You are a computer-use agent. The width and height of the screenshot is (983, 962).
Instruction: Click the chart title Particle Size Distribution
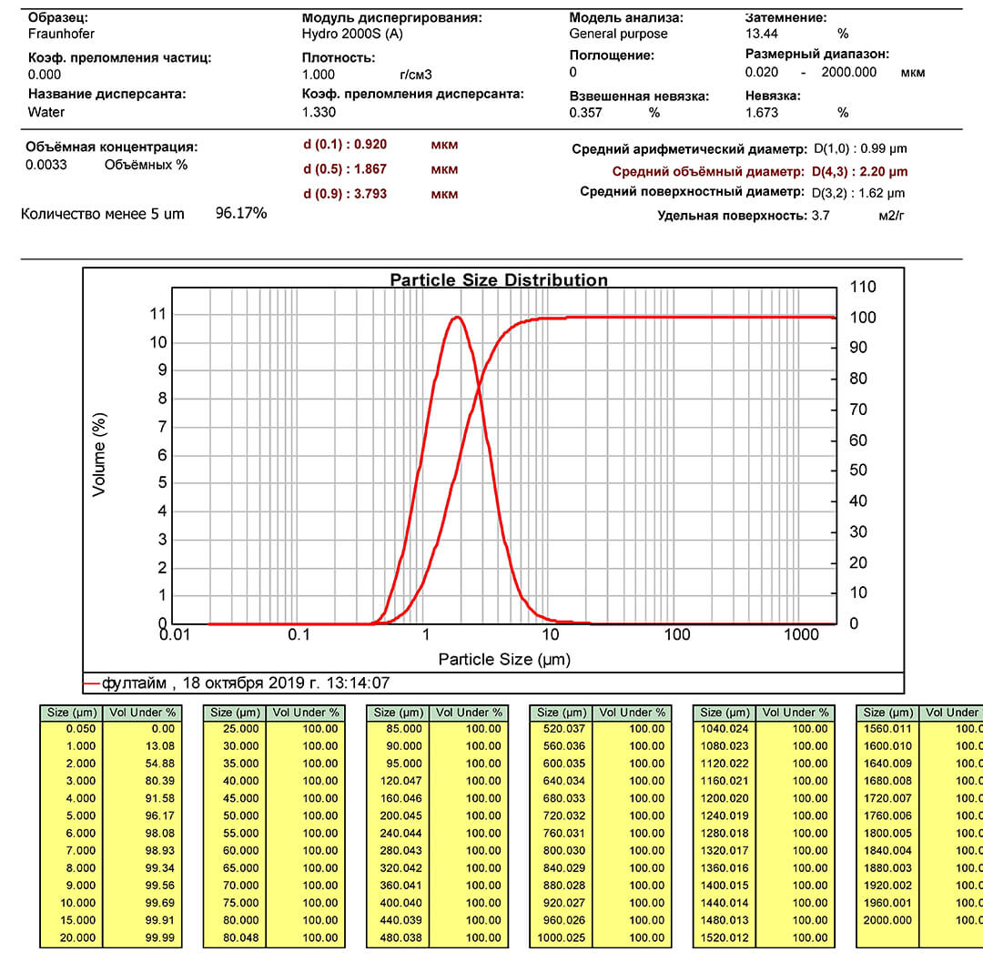(x=499, y=279)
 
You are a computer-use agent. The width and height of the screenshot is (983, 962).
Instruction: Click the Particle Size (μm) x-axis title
(x=504, y=659)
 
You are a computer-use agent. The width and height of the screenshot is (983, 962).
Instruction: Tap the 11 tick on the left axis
(x=158, y=314)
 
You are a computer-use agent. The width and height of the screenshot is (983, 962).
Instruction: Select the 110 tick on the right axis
(x=862, y=288)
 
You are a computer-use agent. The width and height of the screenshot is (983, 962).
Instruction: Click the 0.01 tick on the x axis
(x=175, y=634)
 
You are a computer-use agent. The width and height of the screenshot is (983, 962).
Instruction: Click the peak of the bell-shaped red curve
(x=456, y=317)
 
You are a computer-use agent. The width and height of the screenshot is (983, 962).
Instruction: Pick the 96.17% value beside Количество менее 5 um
(x=240, y=213)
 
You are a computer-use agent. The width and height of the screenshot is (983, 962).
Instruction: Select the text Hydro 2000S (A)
(x=352, y=34)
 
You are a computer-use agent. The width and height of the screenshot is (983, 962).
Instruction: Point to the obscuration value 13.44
(x=763, y=34)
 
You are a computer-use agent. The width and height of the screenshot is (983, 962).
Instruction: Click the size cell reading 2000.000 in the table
(x=887, y=920)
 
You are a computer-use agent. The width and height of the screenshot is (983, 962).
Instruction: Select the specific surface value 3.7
(x=820, y=215)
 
